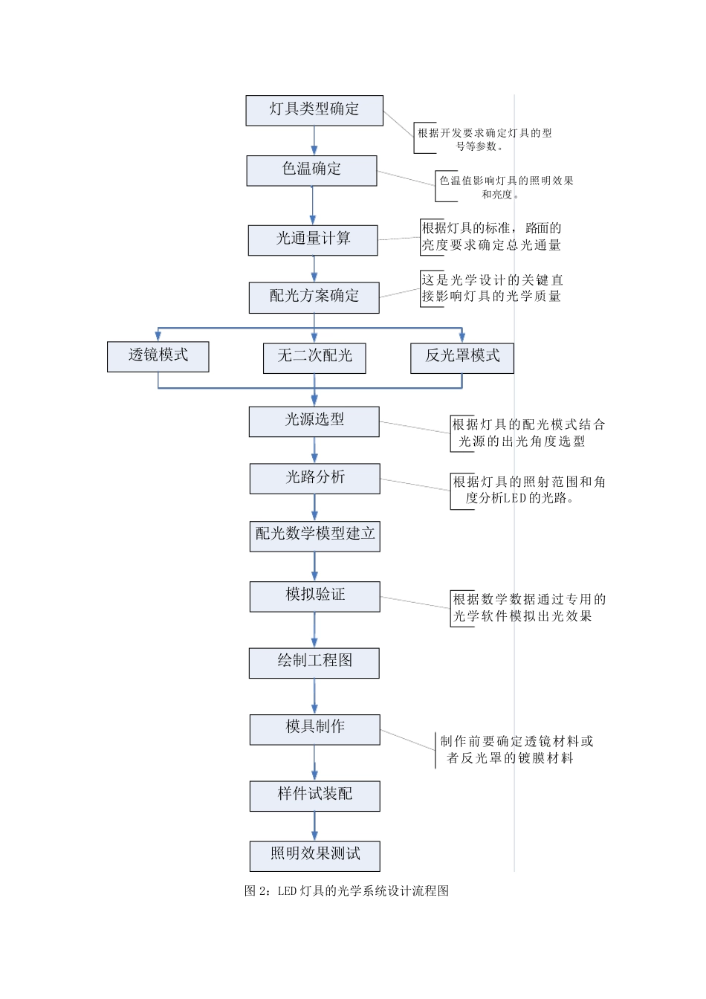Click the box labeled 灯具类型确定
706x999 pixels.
(x=314, y=110)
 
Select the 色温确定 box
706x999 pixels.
(x=312, y=170)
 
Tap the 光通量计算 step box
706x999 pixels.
(x=313, y=239)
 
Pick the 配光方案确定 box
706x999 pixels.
(x=314, y=297)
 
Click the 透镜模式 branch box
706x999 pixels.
(x=158, y=356)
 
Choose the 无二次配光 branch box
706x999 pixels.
(x=314, y=357)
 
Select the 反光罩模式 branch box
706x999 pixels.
(x=462, y=357)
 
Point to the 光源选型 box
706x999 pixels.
(x=314, y=421)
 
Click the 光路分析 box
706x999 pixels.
(x=315, y=478)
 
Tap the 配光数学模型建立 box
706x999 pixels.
(x=315, y=535)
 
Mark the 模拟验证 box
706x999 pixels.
(x=315, y=596)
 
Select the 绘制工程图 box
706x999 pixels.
(x=314, y=662)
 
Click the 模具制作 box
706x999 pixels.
(x=315, y=728)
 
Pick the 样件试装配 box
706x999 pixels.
(x=315, y=795)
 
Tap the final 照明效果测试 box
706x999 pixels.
(x=315, y=855)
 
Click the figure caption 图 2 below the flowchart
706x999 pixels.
(x=346, y=890)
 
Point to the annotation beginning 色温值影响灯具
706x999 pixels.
(x=505, y=187)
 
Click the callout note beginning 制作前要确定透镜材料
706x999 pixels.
(x=516, y=749)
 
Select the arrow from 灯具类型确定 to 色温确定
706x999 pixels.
(x=314, y=140)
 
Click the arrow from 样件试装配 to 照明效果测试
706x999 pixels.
(x=314, y=826)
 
